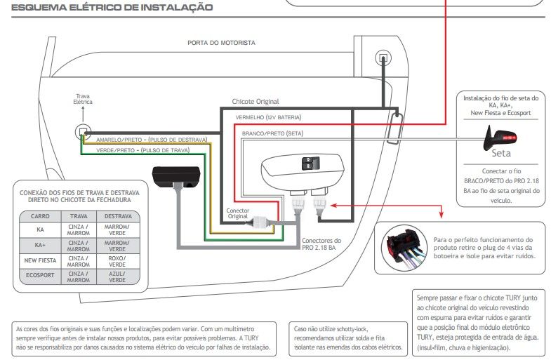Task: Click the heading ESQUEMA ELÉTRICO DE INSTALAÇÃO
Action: (x=112, y=8)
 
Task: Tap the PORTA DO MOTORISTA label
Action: (x=221, y=43)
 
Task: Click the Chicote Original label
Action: (x=255, y=102)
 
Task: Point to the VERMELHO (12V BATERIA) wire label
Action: (x=268, y=117)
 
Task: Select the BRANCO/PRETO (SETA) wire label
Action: (x=272, y=133)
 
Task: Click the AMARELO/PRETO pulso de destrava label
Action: (x=152, y=140)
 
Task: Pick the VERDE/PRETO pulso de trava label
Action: (x=143, y=150)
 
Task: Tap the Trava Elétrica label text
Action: (x=83, y=99)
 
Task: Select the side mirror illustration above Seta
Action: (x=499, y=138)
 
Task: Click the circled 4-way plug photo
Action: (x=404, y=248)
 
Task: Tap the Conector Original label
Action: (x=238, y=213)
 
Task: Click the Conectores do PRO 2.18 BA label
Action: (x=321, y=244)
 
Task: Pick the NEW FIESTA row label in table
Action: (x=40, y=260)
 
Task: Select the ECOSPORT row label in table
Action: (x=40, y=275)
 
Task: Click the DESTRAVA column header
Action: (x=118, y=216)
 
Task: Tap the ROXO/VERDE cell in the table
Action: (x=117, y=261)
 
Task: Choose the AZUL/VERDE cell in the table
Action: (x=117, y=276)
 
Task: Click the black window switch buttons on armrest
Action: (x=311, y=164)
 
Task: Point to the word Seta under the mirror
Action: (x=501, y=154)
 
